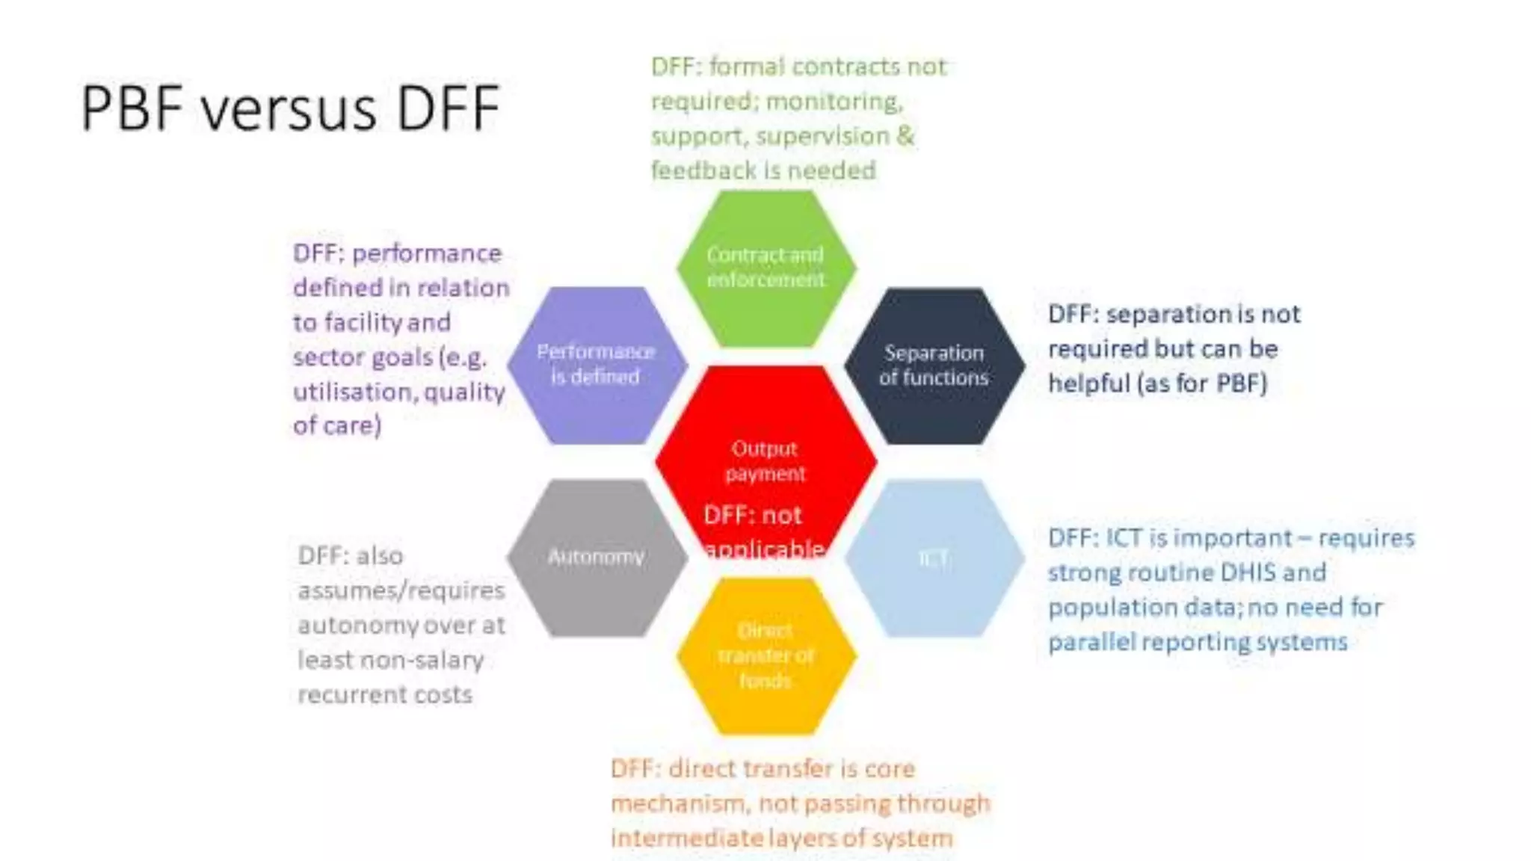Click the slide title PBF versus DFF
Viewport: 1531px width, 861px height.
289,108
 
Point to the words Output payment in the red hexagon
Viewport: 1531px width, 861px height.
765,460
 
